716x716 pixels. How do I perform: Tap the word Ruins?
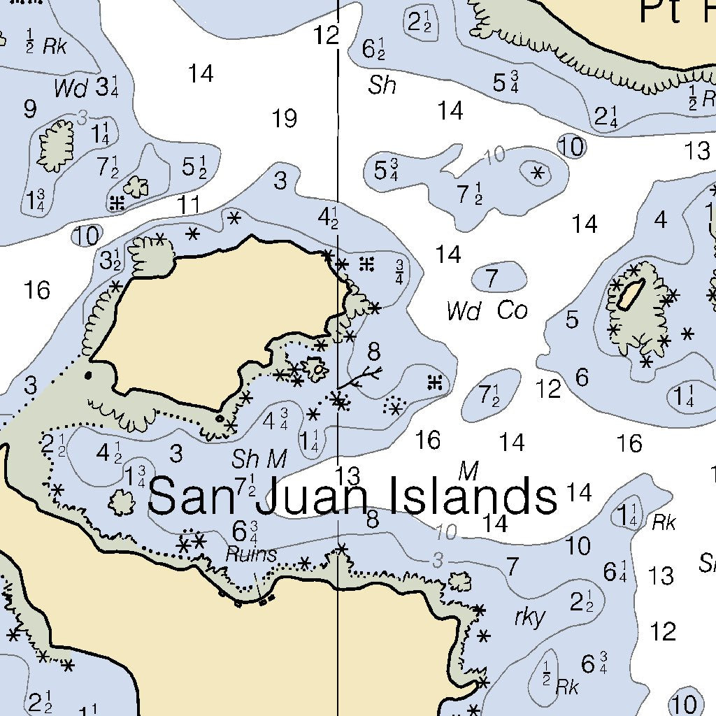(251, 554)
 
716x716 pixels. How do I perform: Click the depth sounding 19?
(284, 119)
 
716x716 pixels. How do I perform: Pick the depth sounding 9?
(29, 109)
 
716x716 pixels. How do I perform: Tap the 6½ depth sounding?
(374, 49)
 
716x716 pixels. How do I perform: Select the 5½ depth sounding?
(194, 166)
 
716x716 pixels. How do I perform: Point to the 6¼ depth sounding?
(615, 571)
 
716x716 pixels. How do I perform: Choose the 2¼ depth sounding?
(606, 117)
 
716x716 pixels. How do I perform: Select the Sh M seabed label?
(259, 459)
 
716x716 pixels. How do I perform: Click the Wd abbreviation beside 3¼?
(71, 89)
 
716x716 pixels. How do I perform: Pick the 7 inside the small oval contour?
(492, 279)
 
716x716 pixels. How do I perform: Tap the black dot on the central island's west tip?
(88, 375)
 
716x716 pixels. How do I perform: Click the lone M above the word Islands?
(468, 471)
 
